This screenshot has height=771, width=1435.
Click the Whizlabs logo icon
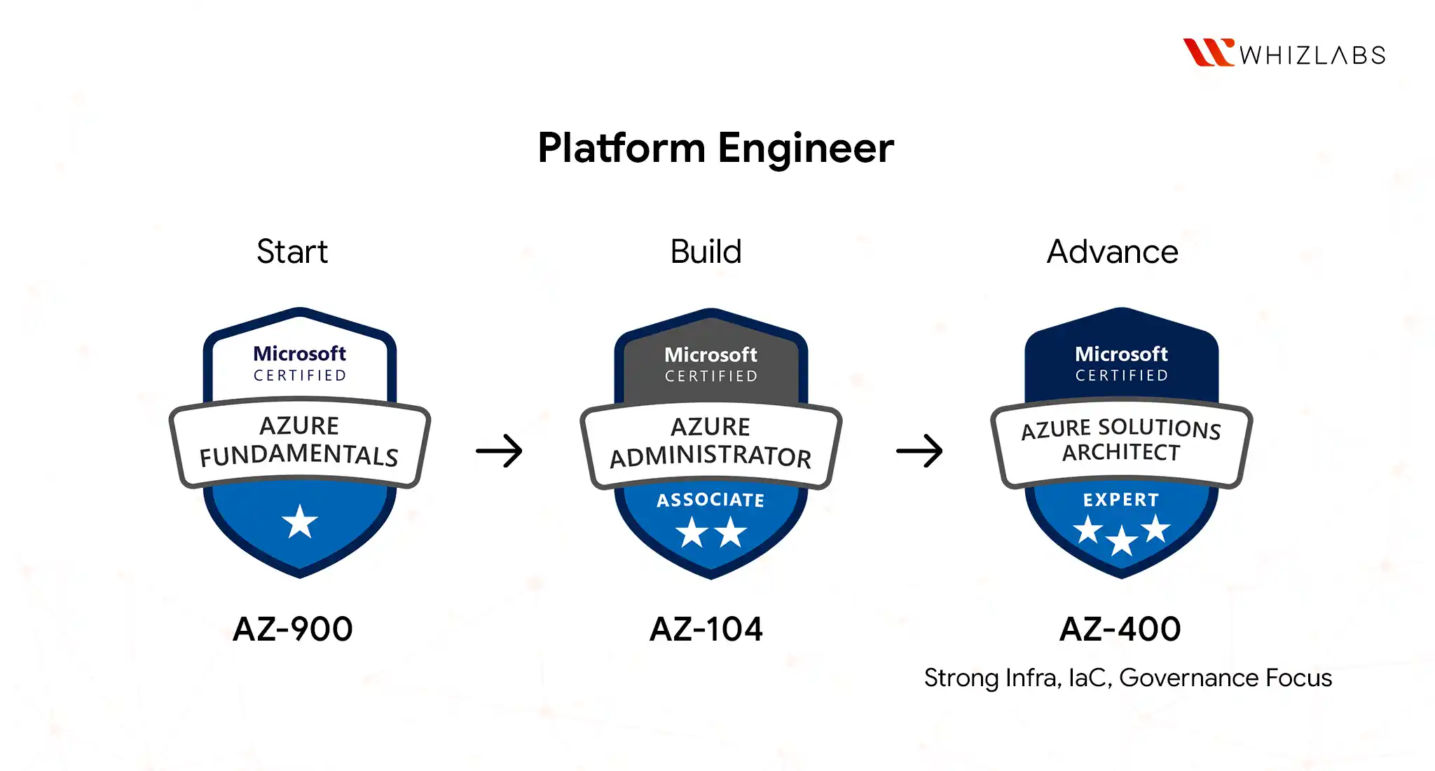tap(1207, 53)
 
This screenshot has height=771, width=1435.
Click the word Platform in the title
tap(622, 149)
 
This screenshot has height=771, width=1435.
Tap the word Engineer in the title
tap(805, 149)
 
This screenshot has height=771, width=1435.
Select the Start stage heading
tap(291, 252)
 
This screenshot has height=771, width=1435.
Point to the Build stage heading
tap(706, 252)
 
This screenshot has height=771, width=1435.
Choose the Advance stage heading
tap(1112, 252)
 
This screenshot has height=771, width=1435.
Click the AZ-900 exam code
tap(293, 629)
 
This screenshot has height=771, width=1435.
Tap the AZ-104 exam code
tap(706, 629)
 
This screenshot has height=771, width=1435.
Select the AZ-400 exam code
tap(1120, 629)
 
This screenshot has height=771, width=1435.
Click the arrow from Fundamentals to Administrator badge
tap(499, 451)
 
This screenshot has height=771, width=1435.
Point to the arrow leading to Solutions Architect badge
tap(919, 451)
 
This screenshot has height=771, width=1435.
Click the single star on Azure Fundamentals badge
tap(300, 521)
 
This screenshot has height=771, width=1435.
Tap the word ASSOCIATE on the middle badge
tap(710, 500)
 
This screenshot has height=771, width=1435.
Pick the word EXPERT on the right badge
tap(1121, 500)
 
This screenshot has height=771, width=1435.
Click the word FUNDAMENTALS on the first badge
tap(299, 456)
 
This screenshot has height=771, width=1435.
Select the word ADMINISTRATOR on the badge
tap(710, 457)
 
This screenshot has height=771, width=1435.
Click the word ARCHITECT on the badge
tap(1121, 453)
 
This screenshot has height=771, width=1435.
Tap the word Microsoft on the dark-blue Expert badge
tap(1121, 354)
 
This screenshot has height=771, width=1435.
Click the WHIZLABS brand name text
tap(1312, 55)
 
